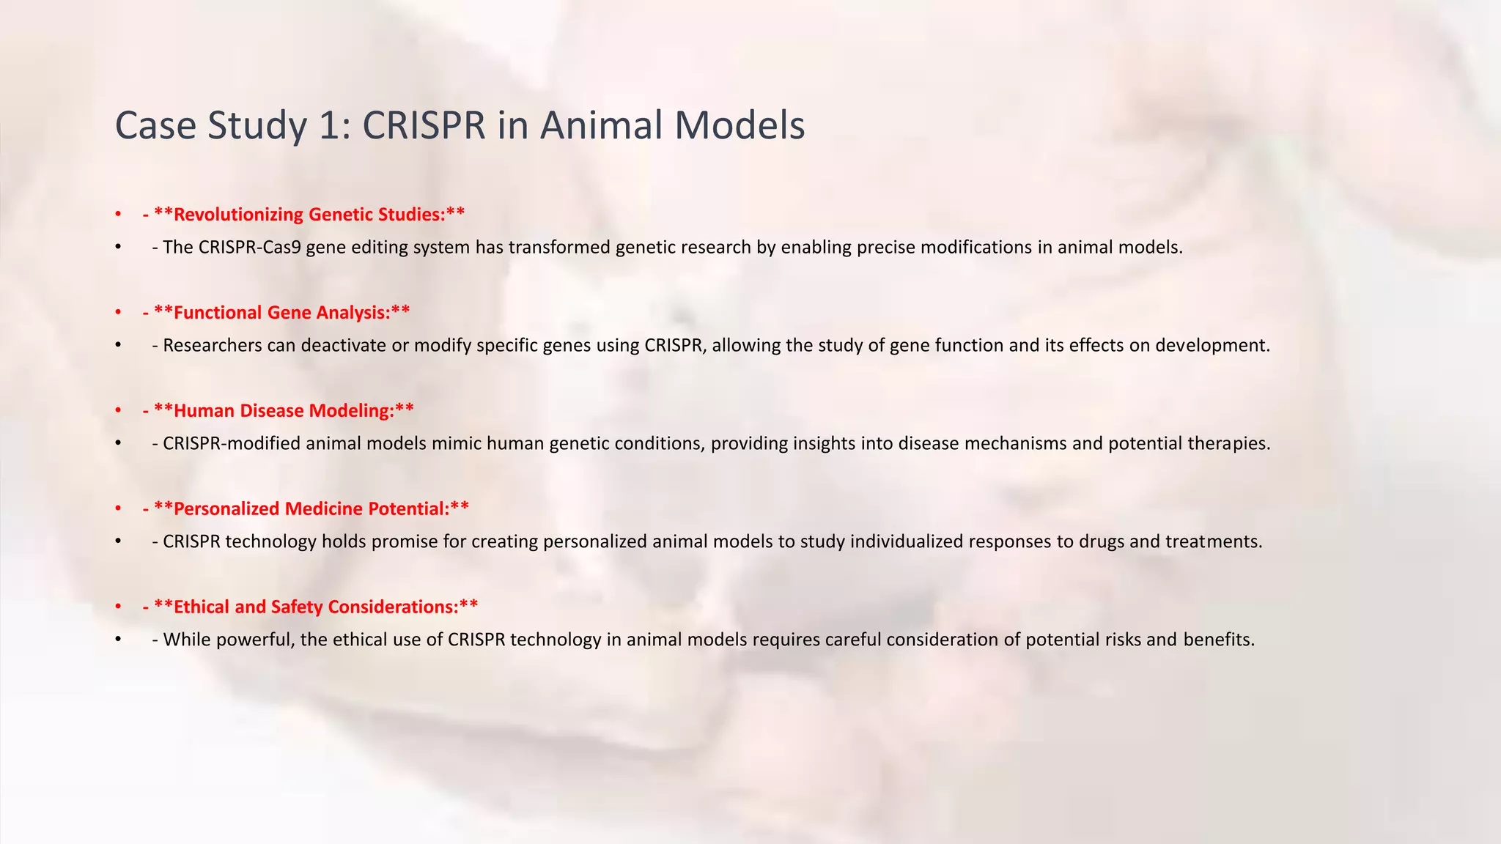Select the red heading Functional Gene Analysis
[282, 313]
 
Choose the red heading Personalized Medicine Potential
[311, 509]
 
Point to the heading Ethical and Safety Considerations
[316, 607]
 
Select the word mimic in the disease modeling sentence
[457, 444]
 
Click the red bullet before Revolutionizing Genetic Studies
[118, 215]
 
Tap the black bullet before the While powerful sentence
[118, 640]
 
